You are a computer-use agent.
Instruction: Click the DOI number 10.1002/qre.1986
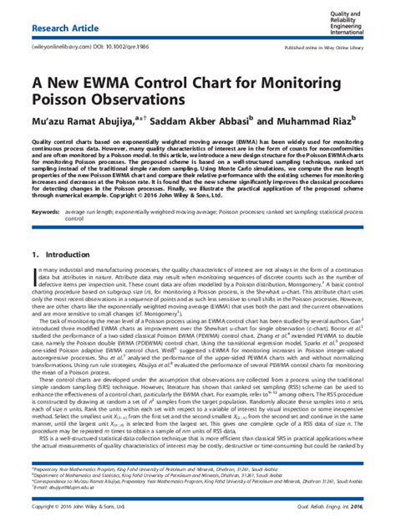(123, 49)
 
